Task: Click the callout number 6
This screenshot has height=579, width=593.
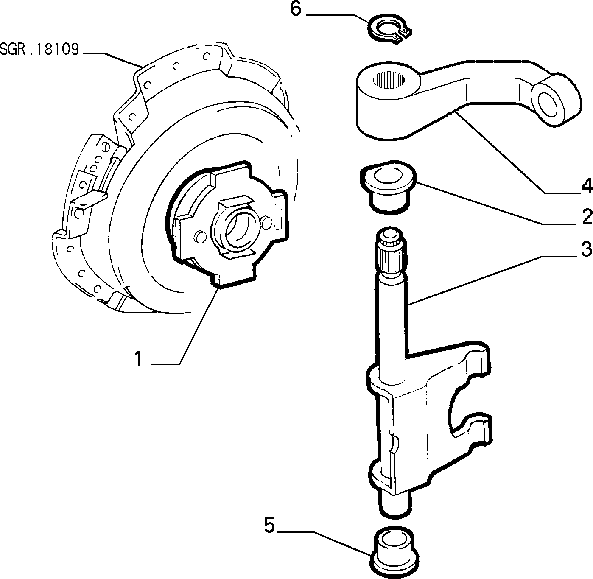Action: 295,10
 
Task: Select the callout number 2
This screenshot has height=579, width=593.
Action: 587,217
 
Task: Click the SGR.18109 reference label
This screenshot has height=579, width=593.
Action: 39,49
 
